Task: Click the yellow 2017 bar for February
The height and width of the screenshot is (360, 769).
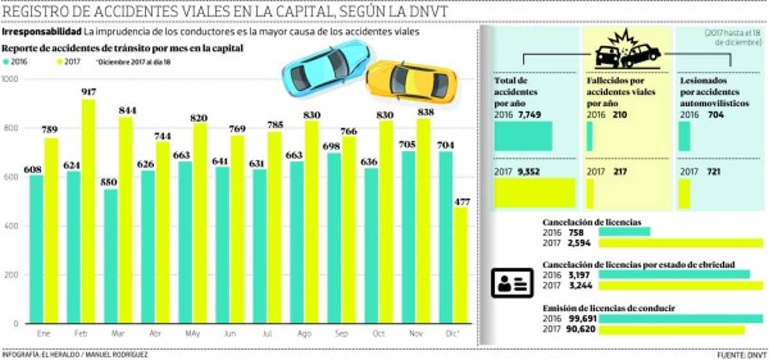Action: pyautogui.click(x=88, y=211)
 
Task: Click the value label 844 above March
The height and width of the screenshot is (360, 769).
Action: pyautogui.click(x=125, y=111)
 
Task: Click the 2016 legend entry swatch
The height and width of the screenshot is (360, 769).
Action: pyautogui.click(x=7, y=62)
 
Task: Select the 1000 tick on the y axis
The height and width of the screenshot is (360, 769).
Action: pyautogui.click(x=11, y=79)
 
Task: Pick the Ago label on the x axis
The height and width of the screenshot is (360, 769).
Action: pyautogui.click(x=304, y=333)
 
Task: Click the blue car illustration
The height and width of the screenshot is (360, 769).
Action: pyautogui.click(x=327, y=67)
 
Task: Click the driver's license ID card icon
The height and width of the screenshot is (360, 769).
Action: pyautogui.click(x=512, y=282)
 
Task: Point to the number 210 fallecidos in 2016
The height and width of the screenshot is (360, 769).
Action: pyautogui.click(x=618, y=115)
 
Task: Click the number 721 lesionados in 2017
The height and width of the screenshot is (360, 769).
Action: pyautogui.click(x=711, y=172)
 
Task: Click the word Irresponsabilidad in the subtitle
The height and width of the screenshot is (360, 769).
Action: pyautogui.click(x=42, y=32)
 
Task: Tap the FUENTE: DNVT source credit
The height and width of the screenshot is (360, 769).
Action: pyautogui.click(x=741, y=354)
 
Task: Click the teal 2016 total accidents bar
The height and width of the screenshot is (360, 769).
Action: pyautogui.click(x=523, y=136)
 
